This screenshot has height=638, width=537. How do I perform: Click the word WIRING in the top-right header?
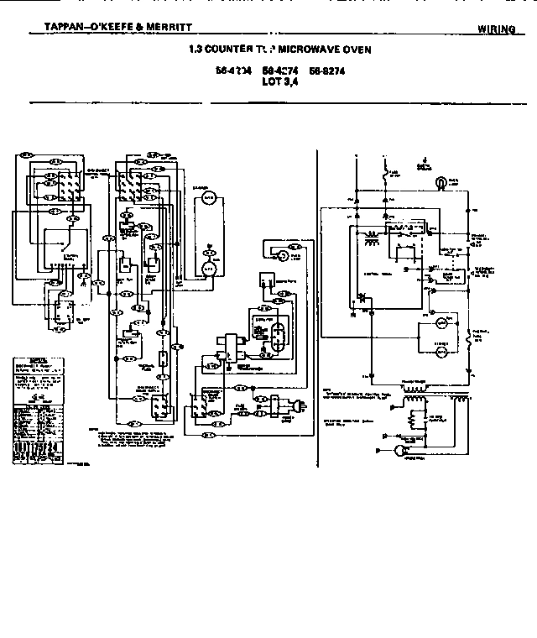(x=496, y=29)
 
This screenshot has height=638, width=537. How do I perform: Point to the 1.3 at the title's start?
(x=197, y=50)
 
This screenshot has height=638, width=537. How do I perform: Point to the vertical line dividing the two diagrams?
(x=317, y=294)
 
